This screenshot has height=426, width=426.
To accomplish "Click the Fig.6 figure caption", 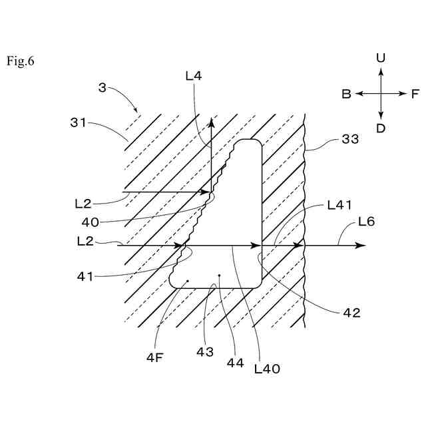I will coord(21,62).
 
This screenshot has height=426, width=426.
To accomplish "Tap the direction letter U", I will coord(380,58).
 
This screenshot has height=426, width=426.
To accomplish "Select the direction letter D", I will coord(380,128).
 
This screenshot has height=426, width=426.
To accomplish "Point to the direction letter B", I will coord(346,95).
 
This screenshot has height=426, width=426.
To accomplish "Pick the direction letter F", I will coord(415,95).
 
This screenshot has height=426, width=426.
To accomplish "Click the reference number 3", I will coord(102,88).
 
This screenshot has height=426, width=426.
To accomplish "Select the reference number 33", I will coord(349,139).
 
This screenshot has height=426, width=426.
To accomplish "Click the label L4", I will coord(194,77).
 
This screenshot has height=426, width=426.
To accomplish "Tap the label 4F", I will coord(155,357).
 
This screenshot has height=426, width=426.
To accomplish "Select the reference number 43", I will coord(204,351).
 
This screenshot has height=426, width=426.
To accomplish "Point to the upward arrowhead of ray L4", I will coord(212,122).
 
